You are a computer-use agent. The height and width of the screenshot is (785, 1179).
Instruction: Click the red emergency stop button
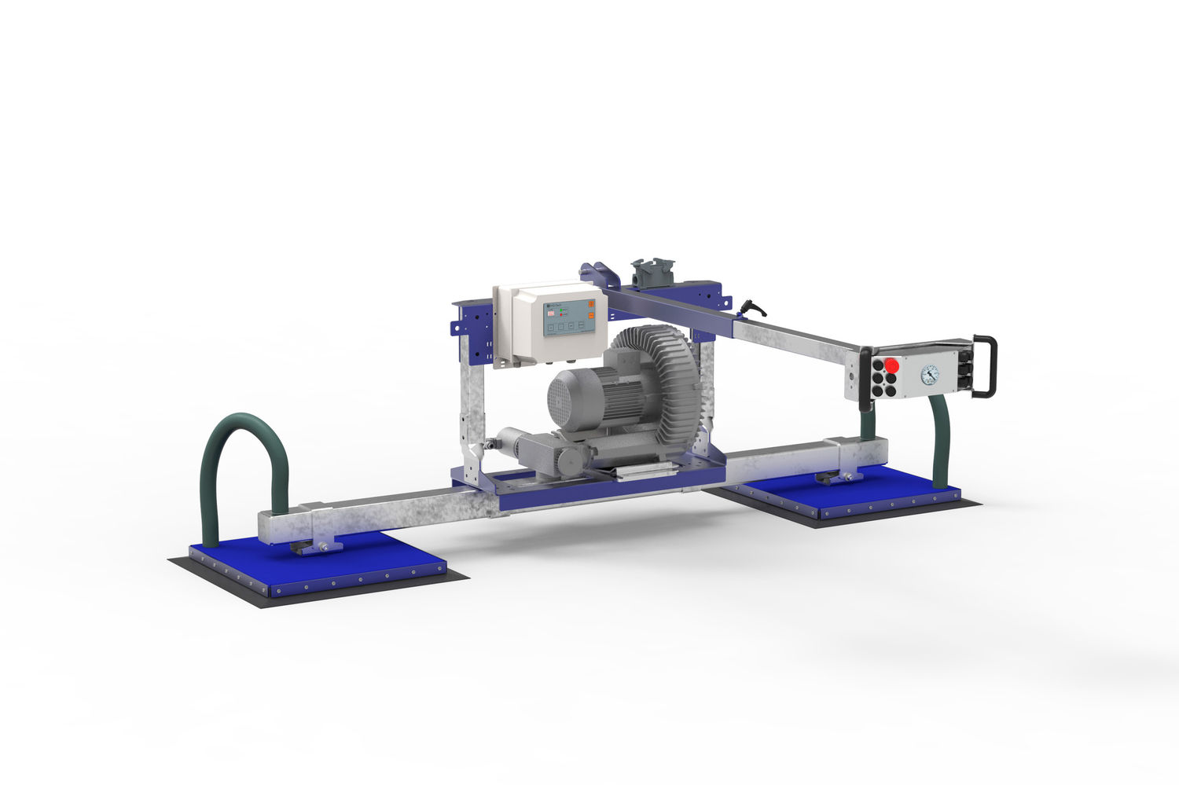[x=892, y=365]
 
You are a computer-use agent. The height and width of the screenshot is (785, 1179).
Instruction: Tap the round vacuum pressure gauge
[x=930, y=374]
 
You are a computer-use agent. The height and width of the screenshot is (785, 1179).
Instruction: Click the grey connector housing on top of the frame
[x=646, y=273]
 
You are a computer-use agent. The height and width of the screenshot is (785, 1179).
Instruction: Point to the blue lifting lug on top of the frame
[x=597, y=272]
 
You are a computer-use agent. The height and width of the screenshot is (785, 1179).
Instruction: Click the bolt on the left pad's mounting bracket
[x=322, y=547]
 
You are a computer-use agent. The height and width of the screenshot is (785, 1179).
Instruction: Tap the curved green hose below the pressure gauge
[x=941, y=440]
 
